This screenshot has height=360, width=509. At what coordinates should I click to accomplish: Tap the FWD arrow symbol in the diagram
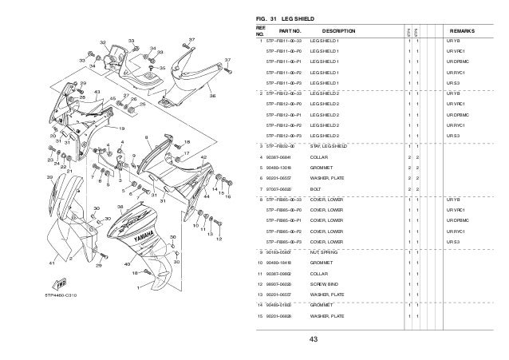coord(61,280)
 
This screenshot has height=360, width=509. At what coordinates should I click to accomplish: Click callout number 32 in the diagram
coord(102,41)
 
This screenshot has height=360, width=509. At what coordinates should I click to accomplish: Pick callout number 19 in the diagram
coord(121,127)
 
